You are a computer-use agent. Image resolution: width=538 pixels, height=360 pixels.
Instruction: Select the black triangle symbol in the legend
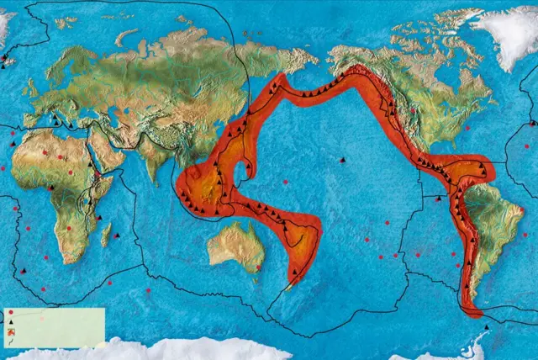coord(10,322)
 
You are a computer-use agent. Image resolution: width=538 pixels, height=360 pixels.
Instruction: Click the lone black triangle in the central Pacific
coord(342,159)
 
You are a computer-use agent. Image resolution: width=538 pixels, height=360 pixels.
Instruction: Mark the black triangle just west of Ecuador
coord(437,199)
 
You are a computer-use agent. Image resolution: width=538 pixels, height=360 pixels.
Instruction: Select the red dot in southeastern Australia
coord(258,268)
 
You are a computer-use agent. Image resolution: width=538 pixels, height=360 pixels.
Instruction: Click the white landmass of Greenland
coord(504,34)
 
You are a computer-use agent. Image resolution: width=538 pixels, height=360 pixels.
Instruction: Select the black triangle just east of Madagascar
coord(117,236)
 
